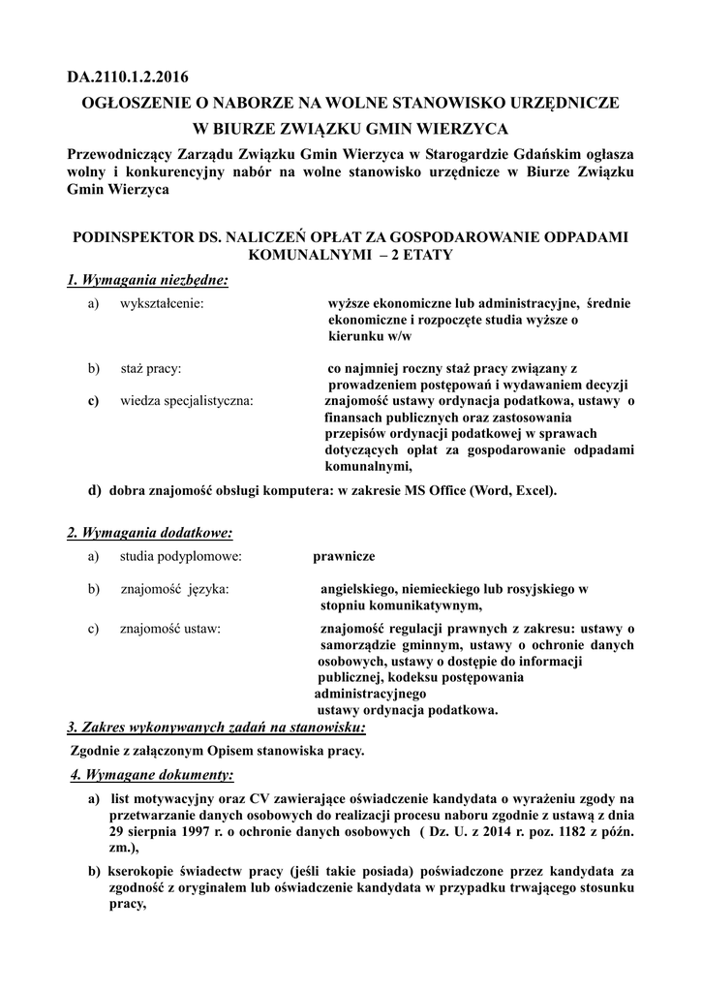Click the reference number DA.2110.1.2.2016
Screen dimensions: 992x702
(x=128, y=76)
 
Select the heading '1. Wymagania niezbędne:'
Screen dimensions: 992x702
(x=147, y=281)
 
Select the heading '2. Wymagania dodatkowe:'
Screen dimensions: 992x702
(x=149, y=534)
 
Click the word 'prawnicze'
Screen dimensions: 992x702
(x=343, y=557)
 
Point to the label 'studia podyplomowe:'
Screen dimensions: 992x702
(x=180, y=557)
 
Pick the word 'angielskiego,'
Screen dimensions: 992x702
(x=362, y=589)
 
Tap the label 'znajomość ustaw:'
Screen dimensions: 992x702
(x=169, y=629)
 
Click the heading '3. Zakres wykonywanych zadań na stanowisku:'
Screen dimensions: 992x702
(x=216, y=727)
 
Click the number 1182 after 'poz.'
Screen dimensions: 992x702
(x=560, y=832)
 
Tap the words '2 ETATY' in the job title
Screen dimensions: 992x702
(x=419, y=254)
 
